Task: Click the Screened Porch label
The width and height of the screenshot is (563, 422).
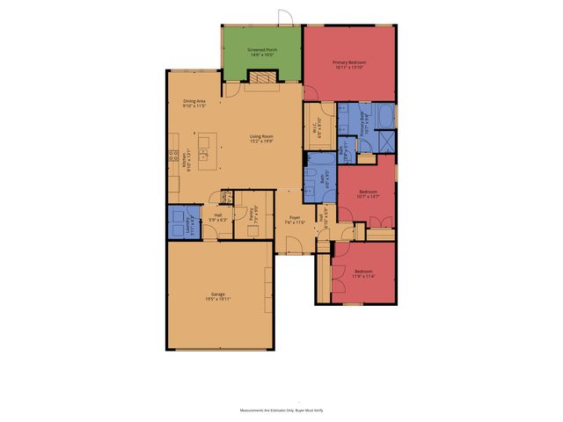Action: tap(261, 51)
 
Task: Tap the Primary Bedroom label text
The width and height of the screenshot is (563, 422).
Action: tap(349, 64)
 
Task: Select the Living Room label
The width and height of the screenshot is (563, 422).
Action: tap(261, 138)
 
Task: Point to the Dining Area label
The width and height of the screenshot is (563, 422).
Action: tap(194, 104)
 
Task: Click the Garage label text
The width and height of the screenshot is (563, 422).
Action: tap(217, 295)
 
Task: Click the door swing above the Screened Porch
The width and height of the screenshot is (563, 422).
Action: tap(283, 17)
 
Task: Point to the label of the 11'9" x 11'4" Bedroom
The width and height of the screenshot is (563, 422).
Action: tap(363, 273)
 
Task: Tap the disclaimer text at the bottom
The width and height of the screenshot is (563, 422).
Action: tap(281, 410)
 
